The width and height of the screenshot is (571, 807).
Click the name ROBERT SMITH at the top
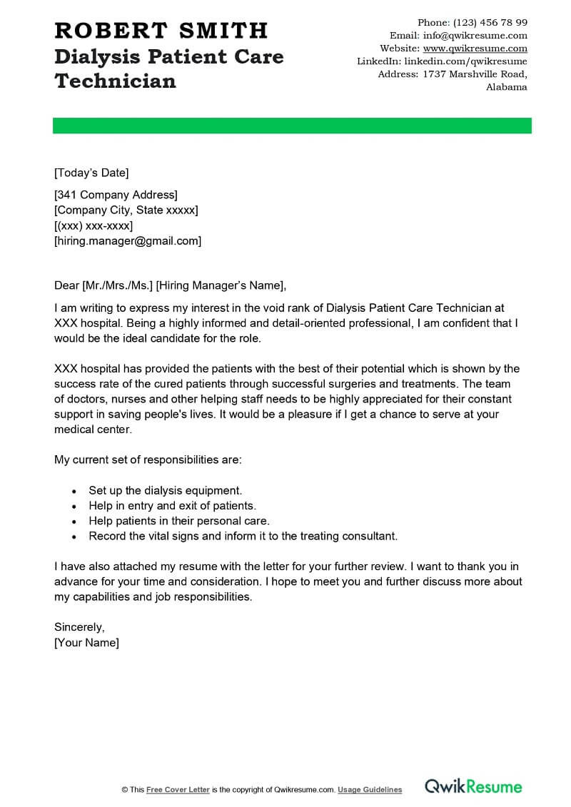point(161,31)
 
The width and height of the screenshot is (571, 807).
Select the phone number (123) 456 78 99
point(490,23)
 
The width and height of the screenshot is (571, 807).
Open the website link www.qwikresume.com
point(475,49)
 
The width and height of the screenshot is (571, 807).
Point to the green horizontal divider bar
point(292,126)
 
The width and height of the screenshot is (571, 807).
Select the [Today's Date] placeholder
point(91,173)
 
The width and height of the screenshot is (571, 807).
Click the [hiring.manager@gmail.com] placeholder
point(128,241)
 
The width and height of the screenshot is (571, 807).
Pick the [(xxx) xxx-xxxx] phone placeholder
point(94,225)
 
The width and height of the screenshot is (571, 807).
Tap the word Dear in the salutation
point(66,286)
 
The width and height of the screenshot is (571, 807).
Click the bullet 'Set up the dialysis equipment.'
point(166,491)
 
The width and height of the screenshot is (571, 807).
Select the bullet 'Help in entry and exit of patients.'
point(172,506)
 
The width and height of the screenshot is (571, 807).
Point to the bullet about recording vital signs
point(243,536)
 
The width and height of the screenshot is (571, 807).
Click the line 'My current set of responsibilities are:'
point(148,460)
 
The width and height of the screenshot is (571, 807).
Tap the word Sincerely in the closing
point(79,627)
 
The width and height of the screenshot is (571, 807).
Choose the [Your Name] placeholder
point(87,643)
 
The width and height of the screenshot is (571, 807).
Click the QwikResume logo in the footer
point(474,787)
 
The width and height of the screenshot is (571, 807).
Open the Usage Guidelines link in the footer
point(370,790)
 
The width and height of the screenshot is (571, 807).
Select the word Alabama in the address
point(507,87)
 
